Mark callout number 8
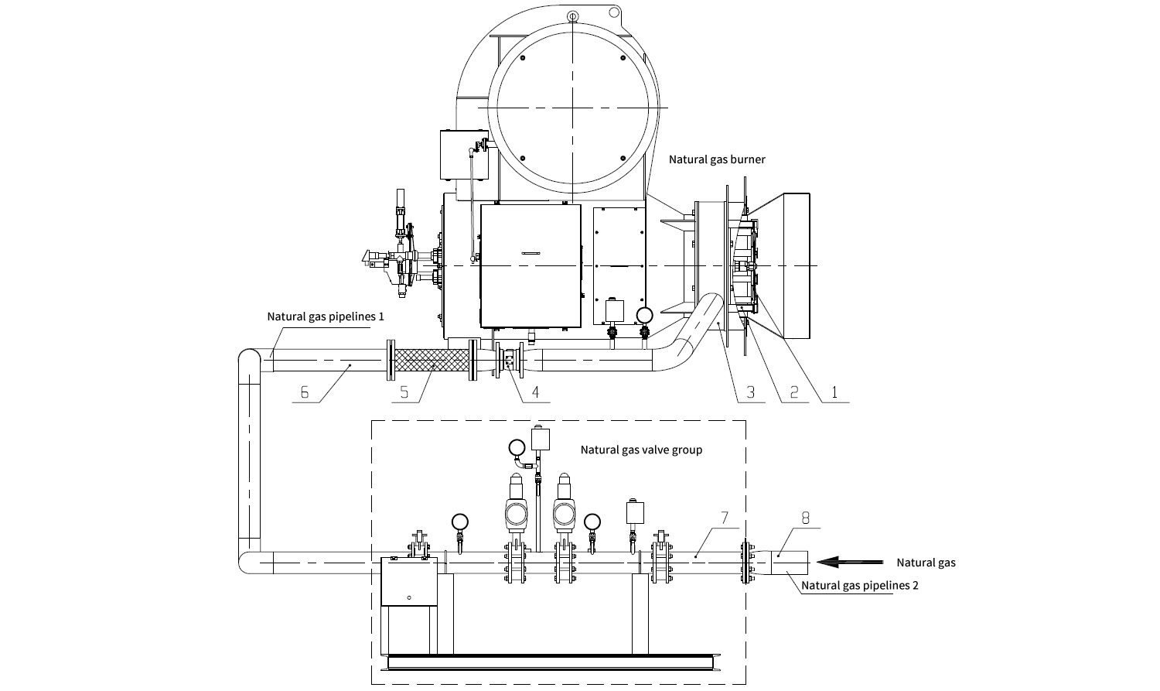[805, 518]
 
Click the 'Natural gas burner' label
[717, 159]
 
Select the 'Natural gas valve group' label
[641, 450]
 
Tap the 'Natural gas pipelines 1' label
[326, 316]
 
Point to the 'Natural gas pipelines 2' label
[859, 585]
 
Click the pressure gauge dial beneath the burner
[643, 314]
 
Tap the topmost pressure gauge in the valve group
[517, 447]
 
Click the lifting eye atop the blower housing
[571, 16]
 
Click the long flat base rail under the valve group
[557, 662]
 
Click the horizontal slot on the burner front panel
[531, 253]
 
